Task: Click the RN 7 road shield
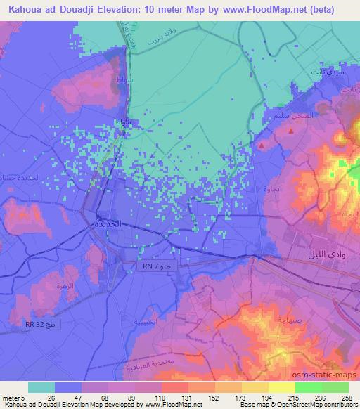[149, 266]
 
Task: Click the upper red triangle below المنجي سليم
[262, 145]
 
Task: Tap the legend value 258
[349, 396]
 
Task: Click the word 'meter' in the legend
[9, 396]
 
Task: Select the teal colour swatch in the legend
[41, 387]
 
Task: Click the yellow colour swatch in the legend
[281, 387]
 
